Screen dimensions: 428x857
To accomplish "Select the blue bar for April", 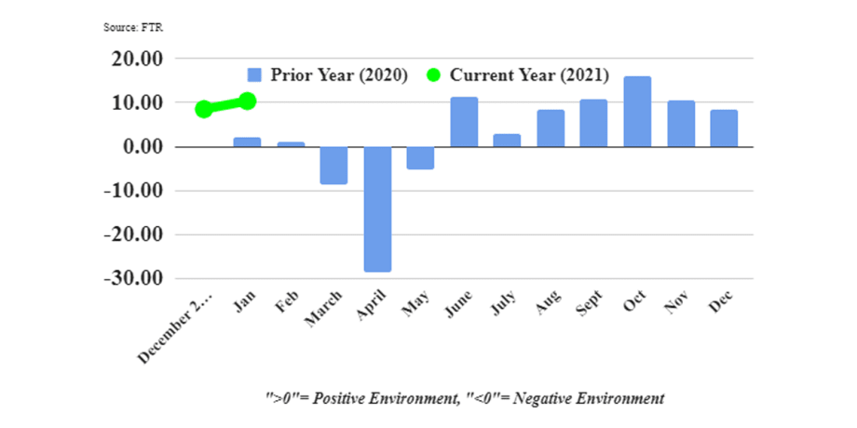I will [377, 208].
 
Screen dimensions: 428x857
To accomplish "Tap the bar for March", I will [333, 165].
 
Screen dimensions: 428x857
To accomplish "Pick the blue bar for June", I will [464, 122].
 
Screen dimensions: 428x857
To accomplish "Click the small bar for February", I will [291, 144].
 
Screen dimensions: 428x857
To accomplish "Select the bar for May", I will [420, 157].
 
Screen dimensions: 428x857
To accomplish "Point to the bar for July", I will [507, 140].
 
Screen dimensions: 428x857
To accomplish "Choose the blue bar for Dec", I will [724, 128].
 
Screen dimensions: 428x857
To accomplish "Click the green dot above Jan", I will [247, 100].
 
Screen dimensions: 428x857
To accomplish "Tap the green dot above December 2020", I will [204, 109].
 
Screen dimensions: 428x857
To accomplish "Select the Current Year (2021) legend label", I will [529, 75].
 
